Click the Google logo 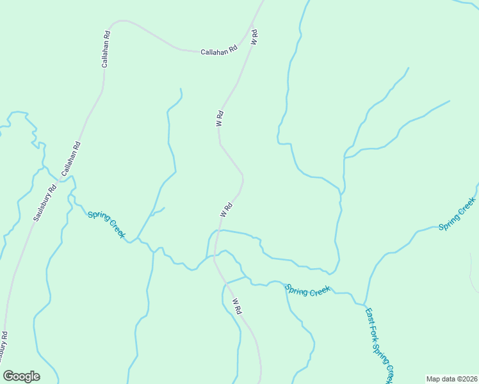(21, 376)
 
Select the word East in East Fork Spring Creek (369, 317)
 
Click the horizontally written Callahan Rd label (218, 49)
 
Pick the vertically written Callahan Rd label (106, 49)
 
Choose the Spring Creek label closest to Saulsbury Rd (106, 224)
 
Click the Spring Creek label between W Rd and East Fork (308, 290)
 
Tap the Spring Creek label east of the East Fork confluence (457, 214)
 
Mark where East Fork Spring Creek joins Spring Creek (364, 303)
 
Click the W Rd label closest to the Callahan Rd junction (254, 36)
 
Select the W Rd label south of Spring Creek (236, 305)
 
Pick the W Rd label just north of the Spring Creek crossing (225, 209)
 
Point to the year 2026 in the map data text (469, 378)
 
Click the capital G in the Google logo (8, 376)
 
